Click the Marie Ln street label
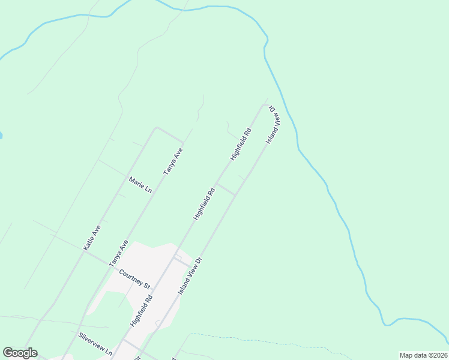coord(140,184)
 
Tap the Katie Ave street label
coord(92,238)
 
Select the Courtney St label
coord(134,279)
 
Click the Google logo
coord(20,353)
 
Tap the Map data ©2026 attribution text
coord(423,355)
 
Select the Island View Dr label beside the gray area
coord(191,275)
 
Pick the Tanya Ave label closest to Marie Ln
coord(173,161)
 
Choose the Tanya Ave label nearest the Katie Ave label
coord(118,253)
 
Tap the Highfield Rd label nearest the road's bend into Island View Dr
coord(241,144)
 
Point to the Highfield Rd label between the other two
coord(204,204)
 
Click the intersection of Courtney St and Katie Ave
coord(85,251)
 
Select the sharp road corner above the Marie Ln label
coord(156,128)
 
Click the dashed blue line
coord(240,338)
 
